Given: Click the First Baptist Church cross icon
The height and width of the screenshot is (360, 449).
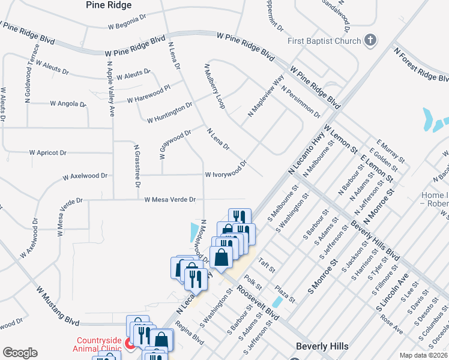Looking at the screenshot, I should point(371,40).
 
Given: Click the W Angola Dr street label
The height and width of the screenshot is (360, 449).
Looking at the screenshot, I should point(68,104).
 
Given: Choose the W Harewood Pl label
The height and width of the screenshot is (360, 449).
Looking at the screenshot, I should point(152,94).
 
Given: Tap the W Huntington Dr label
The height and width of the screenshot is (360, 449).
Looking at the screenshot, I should point(170,112).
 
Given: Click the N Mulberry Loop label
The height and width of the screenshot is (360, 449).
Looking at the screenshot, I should point(214,86).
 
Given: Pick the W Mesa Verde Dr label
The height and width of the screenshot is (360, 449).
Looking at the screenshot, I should point(170,199).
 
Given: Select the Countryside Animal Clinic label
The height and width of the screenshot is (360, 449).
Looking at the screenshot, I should point(97,343).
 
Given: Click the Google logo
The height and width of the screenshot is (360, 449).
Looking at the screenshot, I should point(20,352).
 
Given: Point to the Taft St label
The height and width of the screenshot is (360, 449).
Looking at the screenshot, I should point(267,265).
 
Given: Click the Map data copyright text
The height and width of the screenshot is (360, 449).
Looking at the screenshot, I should point(423,355).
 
